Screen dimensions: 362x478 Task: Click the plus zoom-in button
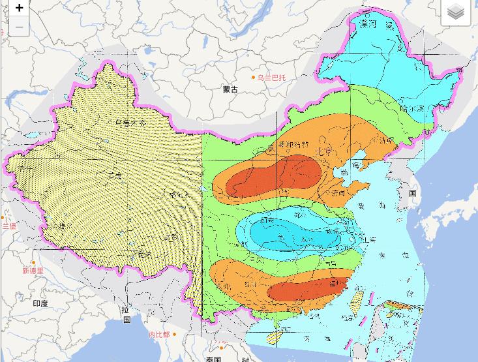[x=20, y=8]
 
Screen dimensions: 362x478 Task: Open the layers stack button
[x=455, y=12]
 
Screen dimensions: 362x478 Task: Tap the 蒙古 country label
[x=230, y=89]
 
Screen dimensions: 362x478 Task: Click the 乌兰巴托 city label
[x=271, y=78]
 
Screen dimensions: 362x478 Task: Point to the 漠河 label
[x=368, y=24]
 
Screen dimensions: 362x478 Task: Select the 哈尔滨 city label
[x=413, y=108]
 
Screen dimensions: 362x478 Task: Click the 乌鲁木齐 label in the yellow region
[x=128, y=123]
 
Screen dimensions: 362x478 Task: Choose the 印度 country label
[x=40, y=303]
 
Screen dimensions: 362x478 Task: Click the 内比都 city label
[x=158, y=335]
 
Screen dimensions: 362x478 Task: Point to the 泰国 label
[x=213, y=359]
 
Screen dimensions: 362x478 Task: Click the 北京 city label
[x=324, y=151]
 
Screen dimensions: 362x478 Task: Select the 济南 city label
[x=338, y=193]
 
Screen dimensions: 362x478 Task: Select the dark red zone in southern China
[x=306, y=290]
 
